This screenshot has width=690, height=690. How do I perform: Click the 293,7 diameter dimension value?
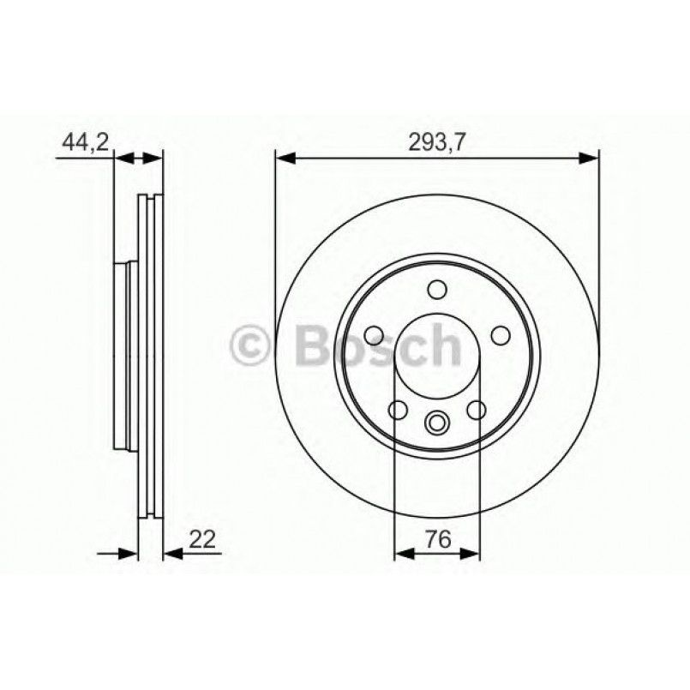[436, 143]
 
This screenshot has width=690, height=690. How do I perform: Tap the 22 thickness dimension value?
[201, 539]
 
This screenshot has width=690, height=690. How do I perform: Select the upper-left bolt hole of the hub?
[373, 333]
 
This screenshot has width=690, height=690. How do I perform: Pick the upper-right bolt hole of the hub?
[500, 333]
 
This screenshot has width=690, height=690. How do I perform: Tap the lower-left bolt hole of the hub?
[397, 410]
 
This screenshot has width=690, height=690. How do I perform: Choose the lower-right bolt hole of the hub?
[476, 410]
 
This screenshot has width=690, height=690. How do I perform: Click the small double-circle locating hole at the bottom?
[436, 422]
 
